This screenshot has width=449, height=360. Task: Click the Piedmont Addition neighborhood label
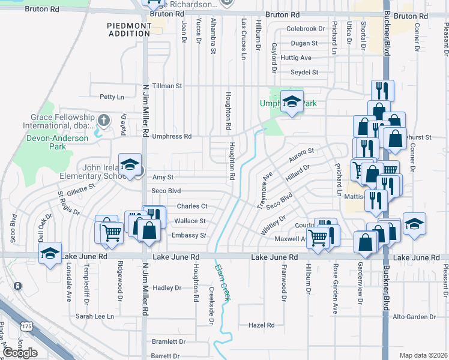pos(129,29)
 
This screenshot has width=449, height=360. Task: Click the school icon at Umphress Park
pos(292,103)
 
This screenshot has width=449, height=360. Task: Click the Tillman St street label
pos(167,86)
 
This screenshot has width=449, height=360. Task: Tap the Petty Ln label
pos(112,97)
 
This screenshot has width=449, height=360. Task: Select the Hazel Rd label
pos(261,325)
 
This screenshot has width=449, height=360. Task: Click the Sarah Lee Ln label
pos(94,316)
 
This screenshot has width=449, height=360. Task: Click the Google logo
pos(20,353)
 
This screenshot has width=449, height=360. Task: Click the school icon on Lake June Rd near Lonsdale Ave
pos(50,253)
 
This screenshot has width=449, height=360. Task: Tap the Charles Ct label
pos(192,206)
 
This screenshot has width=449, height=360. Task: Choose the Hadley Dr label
pos(167,288)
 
